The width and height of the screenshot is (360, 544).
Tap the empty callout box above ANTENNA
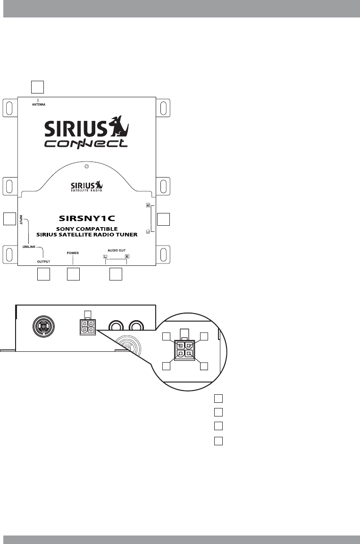pyautogui.click(x=37, y=86)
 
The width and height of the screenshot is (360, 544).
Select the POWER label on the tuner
pyautogui.click(x=73, y=253)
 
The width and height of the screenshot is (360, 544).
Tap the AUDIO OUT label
pyautogui.click(x=116, y=251)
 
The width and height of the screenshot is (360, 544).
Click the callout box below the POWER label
pyautogui.click(x=73, y=274)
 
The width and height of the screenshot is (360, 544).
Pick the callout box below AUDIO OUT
pyautogui.click(x=116, y=274)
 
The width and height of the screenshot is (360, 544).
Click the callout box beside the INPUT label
pyautogui.click(x=9, y=219)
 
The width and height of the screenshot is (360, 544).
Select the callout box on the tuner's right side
pyautogui.click(x=163, y=219)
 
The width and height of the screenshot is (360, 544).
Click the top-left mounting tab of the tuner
pyautogui.click(x=10, y=108)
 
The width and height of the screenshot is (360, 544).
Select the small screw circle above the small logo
pyautogui.click(x=86, y=167)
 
